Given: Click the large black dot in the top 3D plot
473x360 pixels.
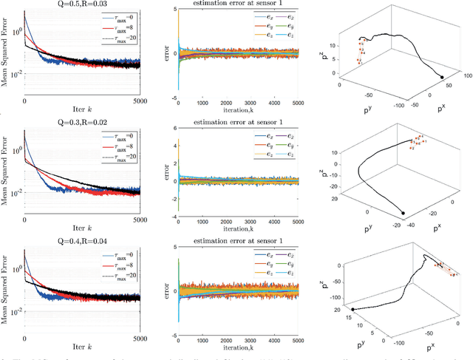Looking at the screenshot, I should [442, 78].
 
